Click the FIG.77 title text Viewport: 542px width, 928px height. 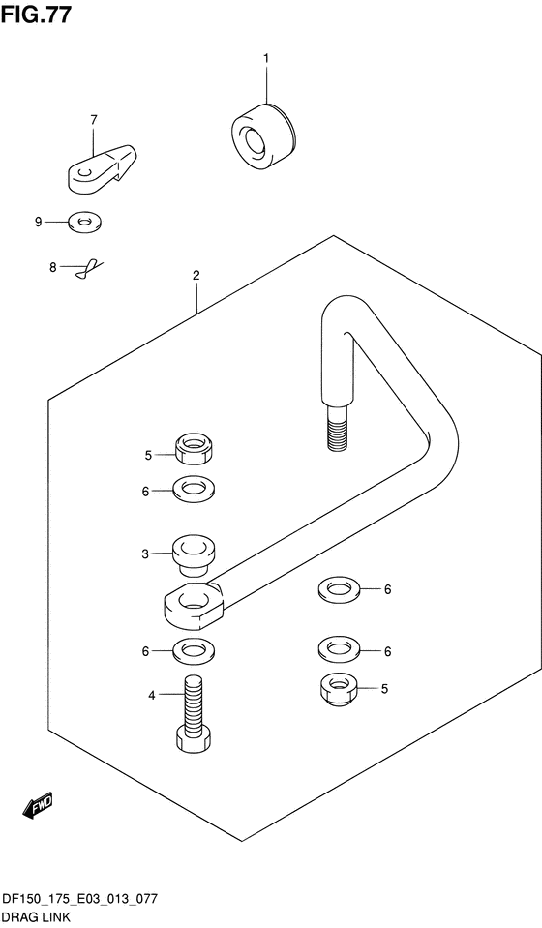pyautogui.click(x=36, y=14)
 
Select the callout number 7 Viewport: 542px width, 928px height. pyautogui.click(x=94, y=120)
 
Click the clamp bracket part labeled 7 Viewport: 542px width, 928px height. pyautogui.click(x=103, y=168)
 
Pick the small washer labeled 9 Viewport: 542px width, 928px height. pyautogui.click(x=85, y=222)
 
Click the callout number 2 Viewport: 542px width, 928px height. pyautogui.click(x=196, y=275)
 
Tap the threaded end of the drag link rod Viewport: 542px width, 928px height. pyautogui.click(x=336, y=428)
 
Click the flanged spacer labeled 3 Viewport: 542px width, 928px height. pyautogui.click(x=194, y=555)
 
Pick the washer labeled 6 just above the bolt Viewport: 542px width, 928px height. pyautogui.click(x=194, y=651)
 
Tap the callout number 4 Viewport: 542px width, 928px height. pyautogui.click(x=152, y=696)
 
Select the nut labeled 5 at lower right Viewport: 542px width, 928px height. pyautogui.click(x=337, y=689)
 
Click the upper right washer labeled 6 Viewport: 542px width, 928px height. pyautogui.click(x=339, y=590)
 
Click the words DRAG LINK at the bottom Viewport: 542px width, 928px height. pyautogui.click(x=36, y=918)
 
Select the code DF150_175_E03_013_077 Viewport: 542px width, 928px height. pyautogui.click(x=80, y=900)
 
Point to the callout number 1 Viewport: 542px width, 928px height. pyautogui.click(x=266, y=58)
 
